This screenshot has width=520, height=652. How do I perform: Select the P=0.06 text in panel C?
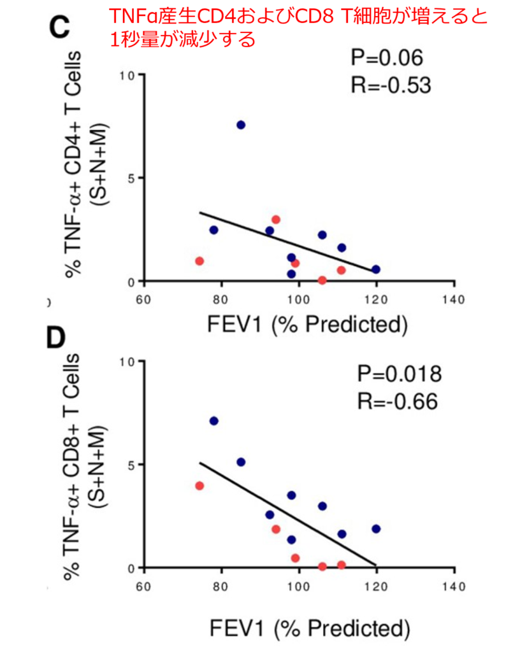coord(386,58)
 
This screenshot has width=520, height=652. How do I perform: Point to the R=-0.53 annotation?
coord(391,85)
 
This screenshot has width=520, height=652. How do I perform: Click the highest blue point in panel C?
coord(241,125)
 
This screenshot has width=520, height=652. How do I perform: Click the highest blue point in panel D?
coord(214,421)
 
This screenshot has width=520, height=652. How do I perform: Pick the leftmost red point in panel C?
coord(199,261)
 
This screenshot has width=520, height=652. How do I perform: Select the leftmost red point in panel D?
coord(199,486)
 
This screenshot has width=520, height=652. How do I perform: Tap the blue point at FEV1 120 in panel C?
coord(376,269)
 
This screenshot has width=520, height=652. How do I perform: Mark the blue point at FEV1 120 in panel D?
coord(376,529)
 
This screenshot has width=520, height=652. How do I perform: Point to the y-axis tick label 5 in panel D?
coord(131,465)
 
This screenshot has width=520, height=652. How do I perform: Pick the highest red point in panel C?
coord(276,220)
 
